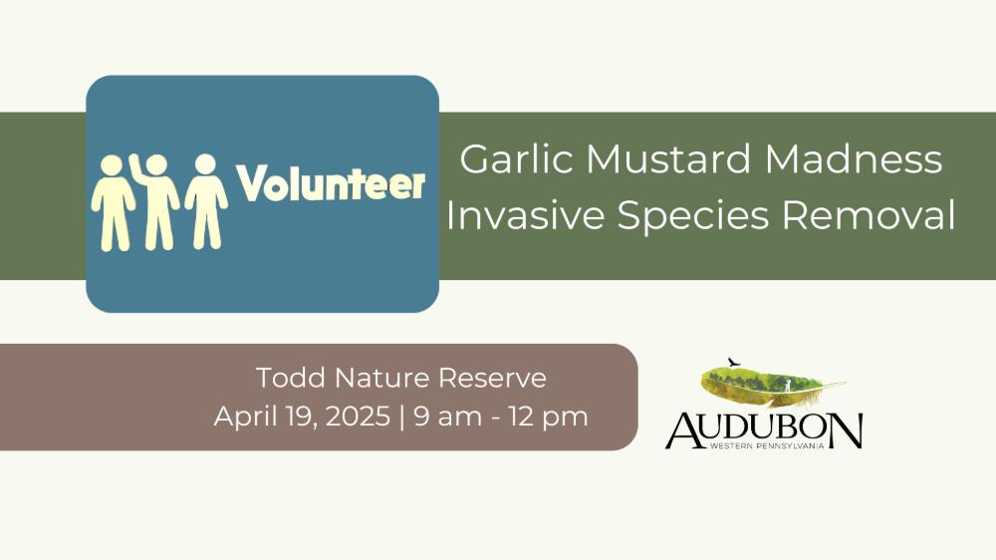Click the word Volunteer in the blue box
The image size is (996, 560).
tap(331, 183)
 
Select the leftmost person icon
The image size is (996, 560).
tap(113, 202)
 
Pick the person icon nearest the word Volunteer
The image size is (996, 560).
tap(206, 201)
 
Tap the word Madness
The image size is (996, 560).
tap(854, 158)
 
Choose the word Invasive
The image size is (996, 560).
tap(525, 215)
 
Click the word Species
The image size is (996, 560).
tap(692, 216)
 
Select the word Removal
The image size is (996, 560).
tap(869, 215)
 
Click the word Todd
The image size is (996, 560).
tap(291, 378)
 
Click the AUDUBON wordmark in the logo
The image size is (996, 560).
tap(764, 430)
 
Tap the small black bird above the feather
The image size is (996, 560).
tap(734, 363)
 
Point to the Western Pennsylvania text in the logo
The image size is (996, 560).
tap(767, 446)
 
